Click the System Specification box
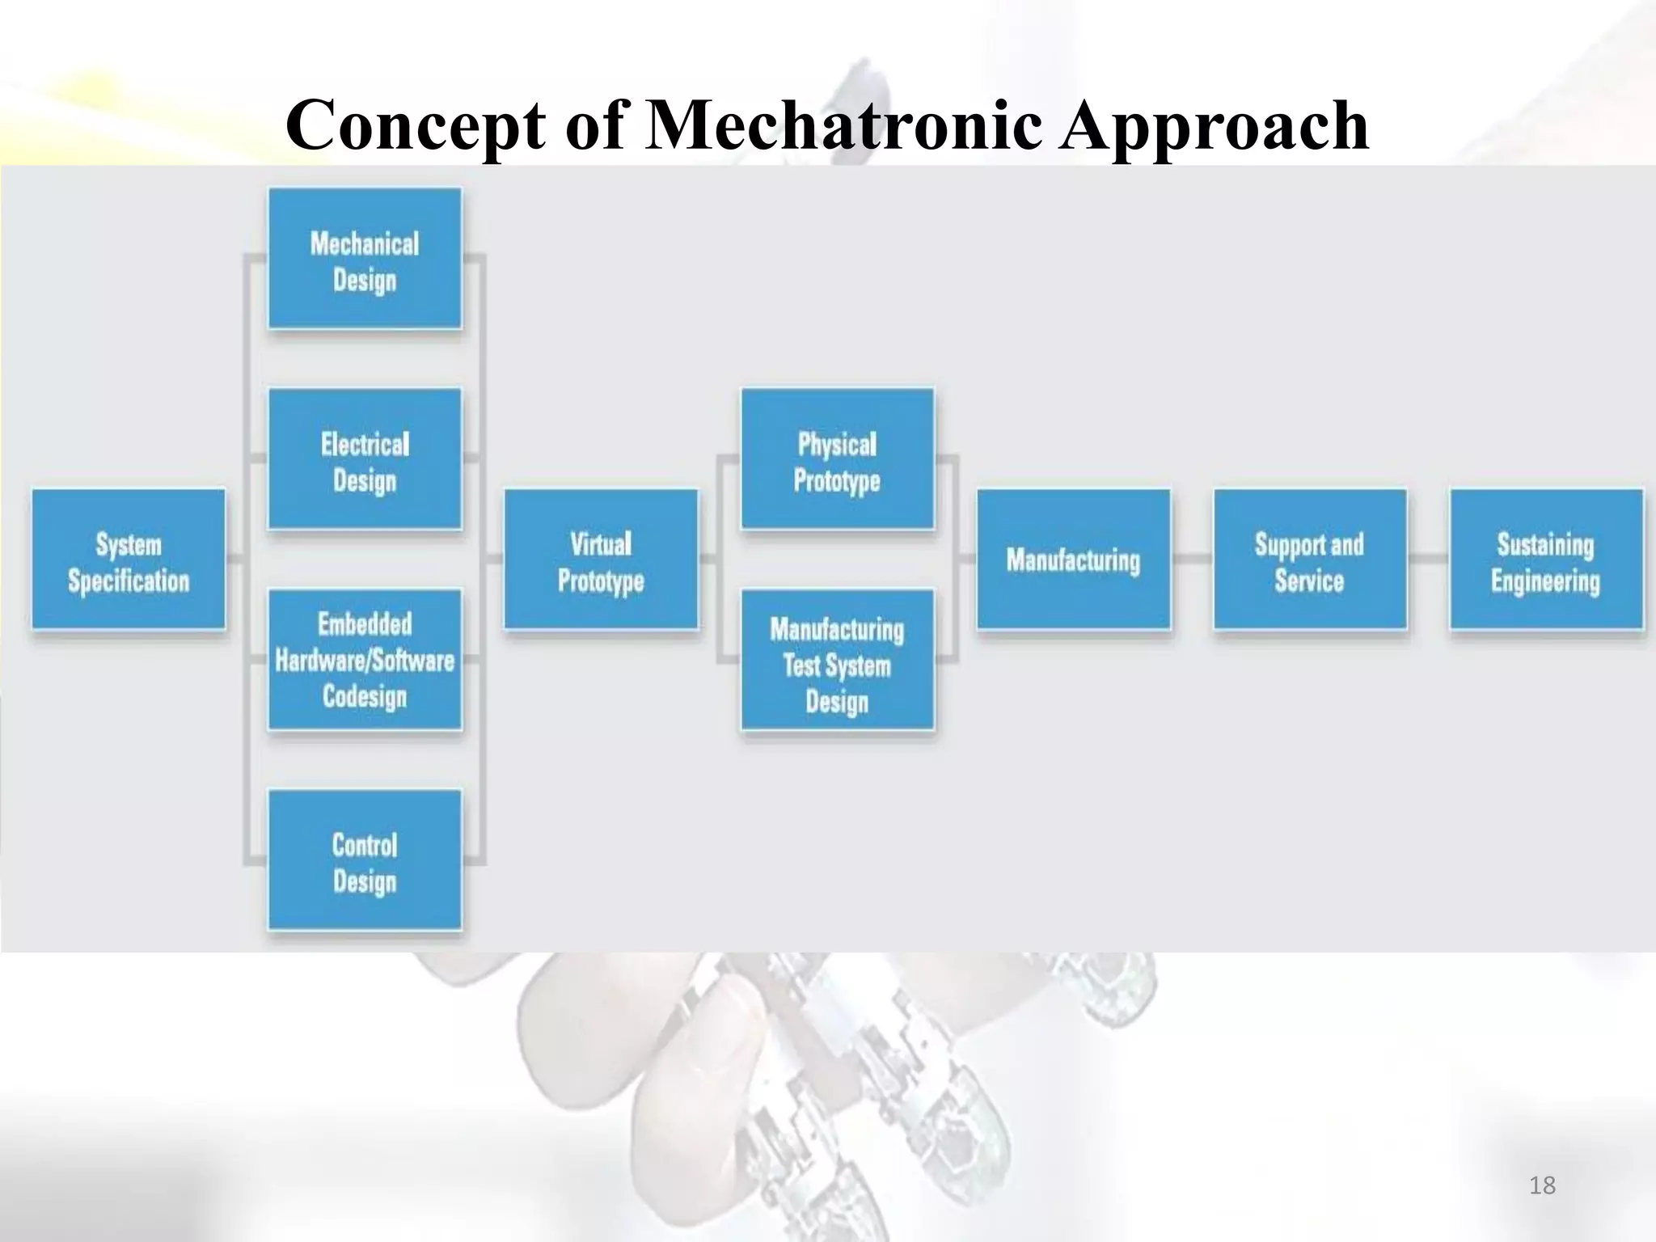pyautogui.click(x=129, y=560)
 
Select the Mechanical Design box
pyautogui.click(x=365, y=259)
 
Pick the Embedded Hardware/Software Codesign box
pyautogui.click(x=365, y=660)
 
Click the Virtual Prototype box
pyautogui.click(x=601, y=560)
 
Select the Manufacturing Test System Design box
pyautogui.click(x=837, y=660)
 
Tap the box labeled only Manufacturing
pyautogui.click(x=1073, y=560)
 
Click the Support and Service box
pyautogui.click(x=1309, y=560)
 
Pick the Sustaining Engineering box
pyautogui.click(x=1545, y=560)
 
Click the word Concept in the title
pyautogui.click(x=416, y=126)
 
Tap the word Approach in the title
pyautogui.click(x=1213, y=126)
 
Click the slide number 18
pyautogui.click(x=1542, y=1185)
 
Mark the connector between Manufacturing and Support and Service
pyautogui.click(x=1192, y=558)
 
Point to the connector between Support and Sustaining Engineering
pyautogui.click(x=1428, y=558)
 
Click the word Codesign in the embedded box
pyautogui.click(x=365, y=696)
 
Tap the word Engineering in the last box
pyautogui.click(x=1545, y=581)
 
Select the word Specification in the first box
pyautogui.click(x=129, y=581)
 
